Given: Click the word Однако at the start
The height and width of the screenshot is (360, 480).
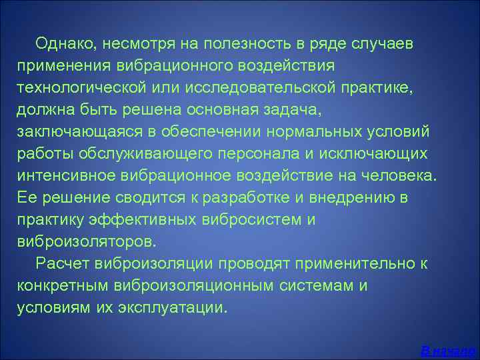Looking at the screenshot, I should [x=64, y=45].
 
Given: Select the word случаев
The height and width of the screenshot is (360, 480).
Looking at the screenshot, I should [x=385, y=45].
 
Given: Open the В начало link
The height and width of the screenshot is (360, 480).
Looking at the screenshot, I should [x=449, y=350].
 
